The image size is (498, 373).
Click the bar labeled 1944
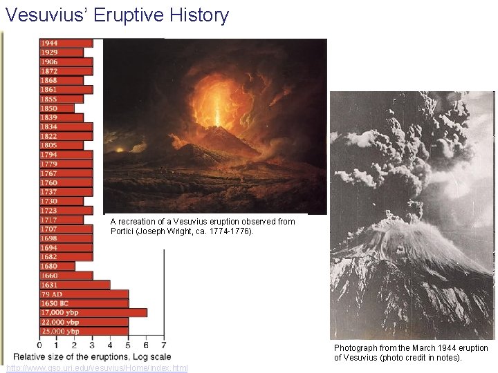66,43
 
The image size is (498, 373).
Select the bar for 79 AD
84,294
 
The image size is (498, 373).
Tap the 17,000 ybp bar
93,312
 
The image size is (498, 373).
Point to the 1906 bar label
48,61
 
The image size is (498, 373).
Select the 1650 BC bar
84,303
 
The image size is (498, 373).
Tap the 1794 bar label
48,155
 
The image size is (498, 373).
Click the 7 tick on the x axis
164,345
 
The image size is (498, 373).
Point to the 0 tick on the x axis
39,345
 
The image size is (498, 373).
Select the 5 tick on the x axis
129,345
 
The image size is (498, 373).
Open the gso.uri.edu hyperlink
97,368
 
